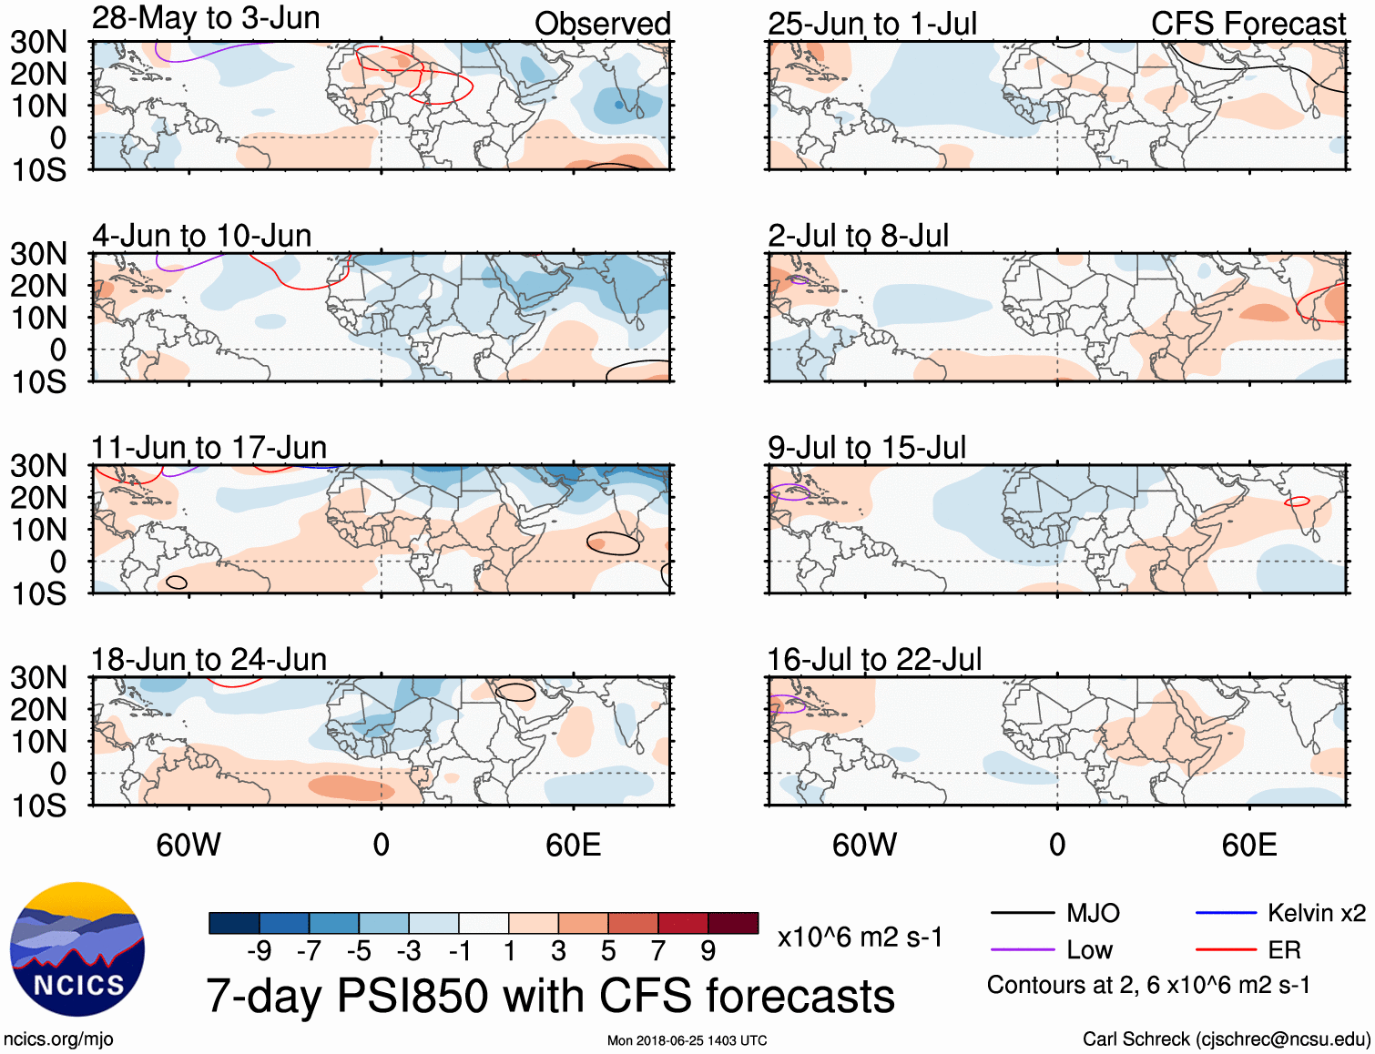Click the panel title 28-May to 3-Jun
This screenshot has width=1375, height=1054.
(x=206, y=18)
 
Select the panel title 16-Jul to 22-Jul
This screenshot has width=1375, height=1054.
(x=874, y=659)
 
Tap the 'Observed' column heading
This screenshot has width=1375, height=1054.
(x=602, y=24)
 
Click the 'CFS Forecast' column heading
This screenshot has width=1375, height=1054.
(x=1248, y=24)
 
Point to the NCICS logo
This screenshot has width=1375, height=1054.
(x=77, y=949)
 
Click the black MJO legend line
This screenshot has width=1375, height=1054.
(x=1022, y=913)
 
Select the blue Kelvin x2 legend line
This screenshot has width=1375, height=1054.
(x=1226, y=913)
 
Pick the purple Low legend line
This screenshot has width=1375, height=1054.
(x=1022, y=950)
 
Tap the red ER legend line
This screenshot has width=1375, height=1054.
(x=1226, y=950)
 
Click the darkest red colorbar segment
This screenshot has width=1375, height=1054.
(x=733, y=923)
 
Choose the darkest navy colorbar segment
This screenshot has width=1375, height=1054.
(x=234, y=923)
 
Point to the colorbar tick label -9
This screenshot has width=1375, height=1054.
(x=259, y=951)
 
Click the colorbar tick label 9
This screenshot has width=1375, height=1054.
(x=708, y=951)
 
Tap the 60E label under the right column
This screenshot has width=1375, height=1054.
(x=1248, y=845)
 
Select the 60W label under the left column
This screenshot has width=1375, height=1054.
(x=188, y=845)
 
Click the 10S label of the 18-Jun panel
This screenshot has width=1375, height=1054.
(x=38, y=806)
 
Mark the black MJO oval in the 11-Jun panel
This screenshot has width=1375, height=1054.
(x=613, y=543)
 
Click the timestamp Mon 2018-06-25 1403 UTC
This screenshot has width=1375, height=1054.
(x=687, y=1040)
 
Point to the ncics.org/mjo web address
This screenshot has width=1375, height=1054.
(x=58, y=1039)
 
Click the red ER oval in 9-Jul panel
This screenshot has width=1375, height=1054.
(x=1297, y=502)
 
